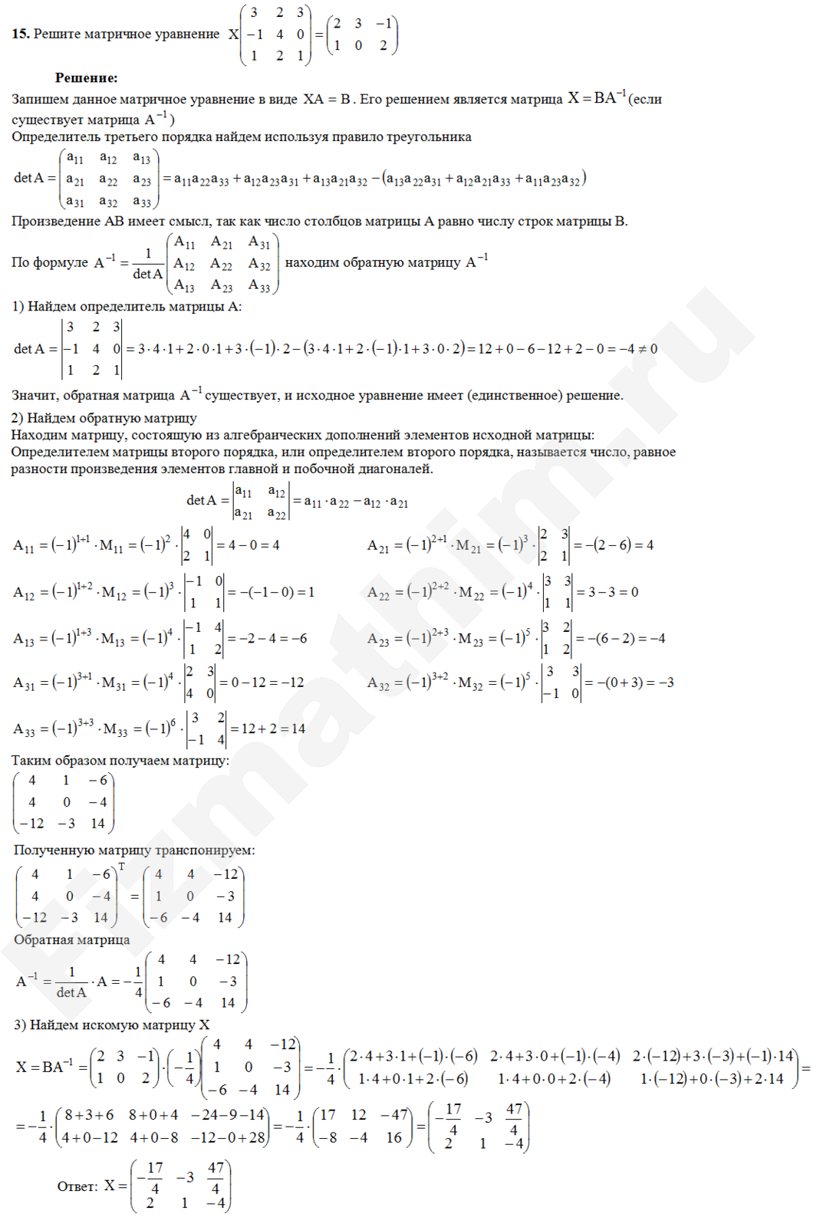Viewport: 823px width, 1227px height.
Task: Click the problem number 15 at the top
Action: pos(20,34)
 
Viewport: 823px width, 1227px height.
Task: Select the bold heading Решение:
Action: pos(86,77)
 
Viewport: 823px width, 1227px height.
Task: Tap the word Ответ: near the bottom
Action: pos(77,1186)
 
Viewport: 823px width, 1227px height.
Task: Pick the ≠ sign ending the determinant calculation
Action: pos(642,349)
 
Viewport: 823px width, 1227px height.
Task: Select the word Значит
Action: pos(34,396)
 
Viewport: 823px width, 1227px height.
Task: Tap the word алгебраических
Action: pos(318,435)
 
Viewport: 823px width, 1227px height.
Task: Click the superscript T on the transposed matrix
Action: pos(121,867)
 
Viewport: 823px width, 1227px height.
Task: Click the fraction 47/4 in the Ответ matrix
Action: pos(216,1177)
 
